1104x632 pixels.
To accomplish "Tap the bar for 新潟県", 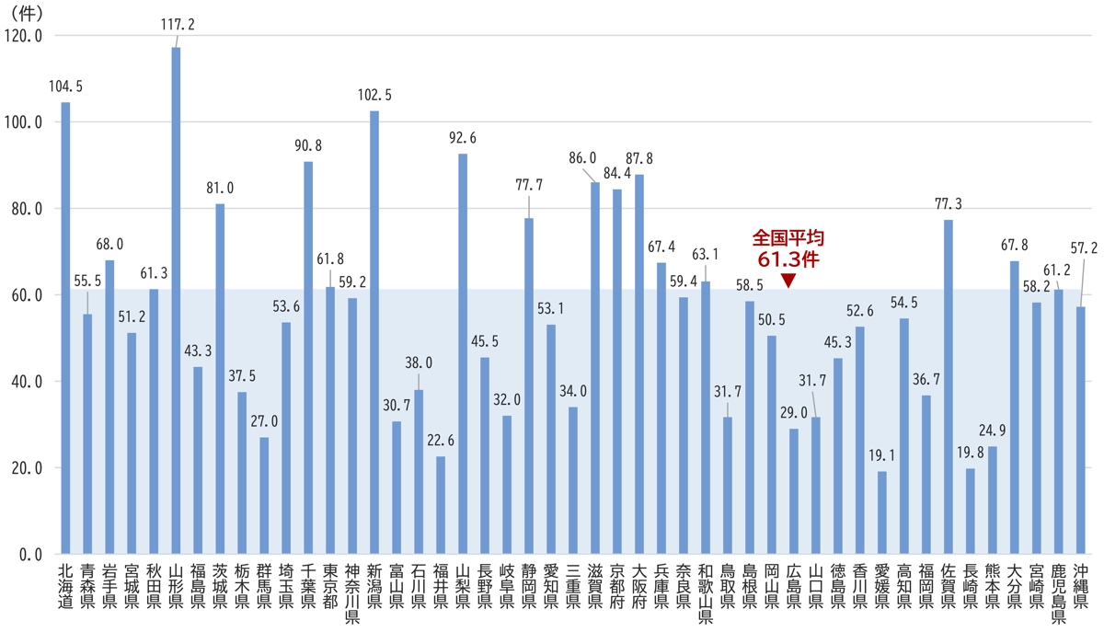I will tap(374, 332).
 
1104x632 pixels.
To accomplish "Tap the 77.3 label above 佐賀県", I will tap(949, 202).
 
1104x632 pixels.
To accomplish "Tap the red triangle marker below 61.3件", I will tap(787, 280).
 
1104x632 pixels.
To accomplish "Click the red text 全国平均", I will tap(787, 237).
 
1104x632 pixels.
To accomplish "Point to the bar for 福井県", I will tap(441, 505).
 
